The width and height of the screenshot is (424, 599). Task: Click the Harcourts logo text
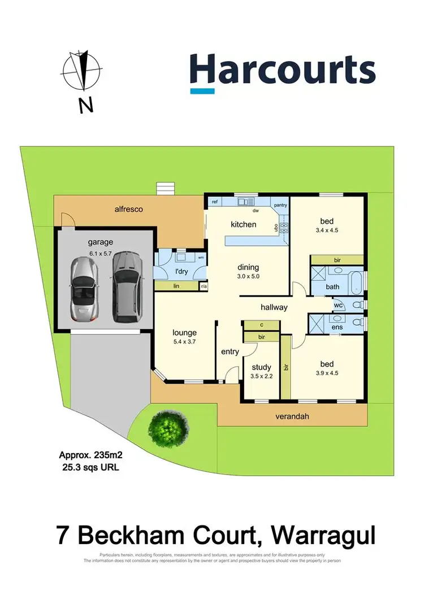(282, 71)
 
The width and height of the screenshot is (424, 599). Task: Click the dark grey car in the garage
(124, 287)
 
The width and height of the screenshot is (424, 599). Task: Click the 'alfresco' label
(127, 209)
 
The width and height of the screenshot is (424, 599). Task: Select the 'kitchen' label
(244, 224)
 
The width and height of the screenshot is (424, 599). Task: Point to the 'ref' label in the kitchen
(215, 202)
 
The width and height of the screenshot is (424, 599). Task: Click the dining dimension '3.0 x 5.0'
(248, 276)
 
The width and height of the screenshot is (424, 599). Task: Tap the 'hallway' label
(274, 307)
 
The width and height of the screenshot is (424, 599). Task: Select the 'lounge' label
(184, 332)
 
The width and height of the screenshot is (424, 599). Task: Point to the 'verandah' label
(292, 417)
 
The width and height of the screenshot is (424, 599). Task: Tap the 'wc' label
(339, 305)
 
